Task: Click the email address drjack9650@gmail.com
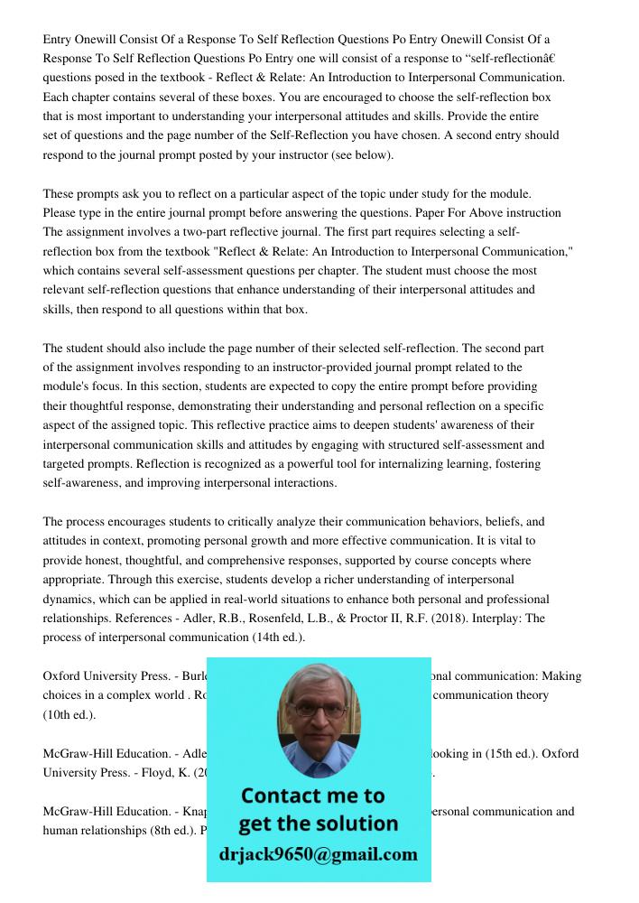pyautogui.click(x=318, y=853)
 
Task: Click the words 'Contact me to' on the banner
pyautogui.click(x=312, y=796)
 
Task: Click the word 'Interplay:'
pyautogui.click(x=523, y=618)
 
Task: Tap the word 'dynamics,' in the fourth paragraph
pyautogui.click(x=71, y=599)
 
